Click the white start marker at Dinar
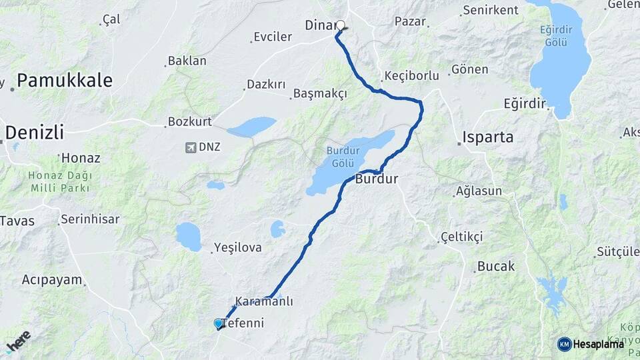pyautogui.click(x=341, y=26)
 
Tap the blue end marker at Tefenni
pyautogui.click(x=218, y=323)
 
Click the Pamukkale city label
pyautogui.click(x=64, y=81)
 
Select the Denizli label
pyautogui.click(x=35, y=132)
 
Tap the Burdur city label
pyautogui.click(x=377, y=179)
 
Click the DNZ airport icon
pyautogui.click(x=191, y=147)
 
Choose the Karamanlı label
pyautogui.click(x=264, y=301)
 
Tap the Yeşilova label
pyautogui.click(x=237, y=247)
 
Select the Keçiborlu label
pyautogui.click(x=411, y=75)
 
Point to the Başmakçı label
pyautogui.click(x=320, y=94)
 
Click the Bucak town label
pyautogui.click(x=495, y=266)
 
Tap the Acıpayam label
pyautogui.click(x=52, y=279)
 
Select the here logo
pyautogui.click(x=19, y=340)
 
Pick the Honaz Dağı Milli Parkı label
pyautogui.click(x=60, y=181)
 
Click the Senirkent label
pyautogui.click(x=490, y=10)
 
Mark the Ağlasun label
pyautogui.click(x=479, y=191)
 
